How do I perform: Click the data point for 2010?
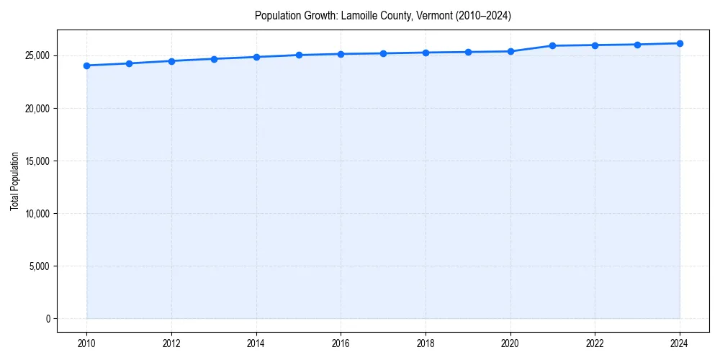pos(86,66)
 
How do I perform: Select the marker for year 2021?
pos(552,45)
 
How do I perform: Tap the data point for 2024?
pos(680,43)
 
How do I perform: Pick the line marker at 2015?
pos(298,55)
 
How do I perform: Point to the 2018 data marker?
pos(426,53)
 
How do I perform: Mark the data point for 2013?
pos(214,59)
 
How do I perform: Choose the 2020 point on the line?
pos(510,51)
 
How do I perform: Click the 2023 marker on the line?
pos(637,45)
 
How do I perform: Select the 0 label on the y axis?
pos(47,319)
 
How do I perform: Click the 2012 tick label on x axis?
pos(171,343)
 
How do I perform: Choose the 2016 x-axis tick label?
pos(341,343)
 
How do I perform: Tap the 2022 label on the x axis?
pos(595,343)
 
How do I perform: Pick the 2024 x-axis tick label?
pos(680,343)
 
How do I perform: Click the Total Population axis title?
pos(14,181)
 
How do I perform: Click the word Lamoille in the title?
pos(357,15)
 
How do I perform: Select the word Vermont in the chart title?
pos(434,15)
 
